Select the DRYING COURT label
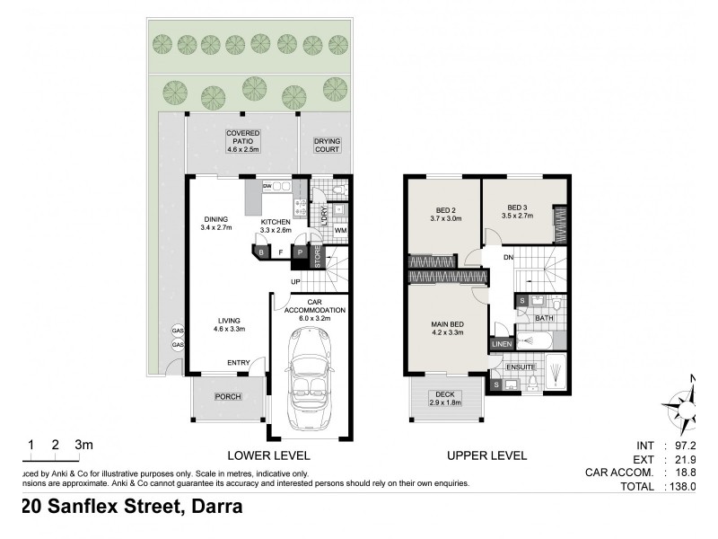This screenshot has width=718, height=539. (327, 146)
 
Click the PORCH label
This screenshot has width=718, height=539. (228, 396)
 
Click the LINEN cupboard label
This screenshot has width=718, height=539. (500, 343)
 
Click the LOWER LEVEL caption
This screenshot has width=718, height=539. (262, 455)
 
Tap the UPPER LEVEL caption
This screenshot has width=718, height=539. (486, 455)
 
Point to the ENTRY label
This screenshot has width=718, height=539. (239, 363)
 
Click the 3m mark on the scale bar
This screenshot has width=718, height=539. (83, 445)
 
